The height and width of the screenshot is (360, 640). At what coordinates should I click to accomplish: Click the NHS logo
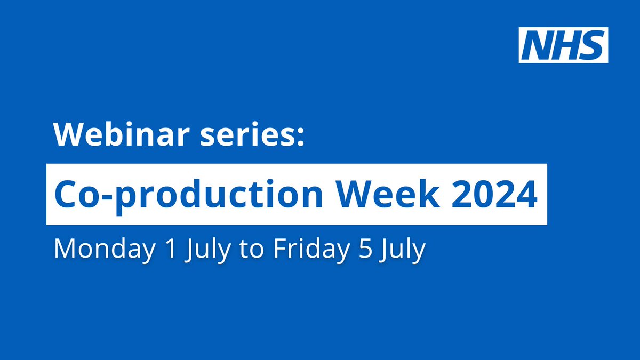[563, 45]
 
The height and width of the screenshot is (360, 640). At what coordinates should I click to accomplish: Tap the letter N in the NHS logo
[538, 45]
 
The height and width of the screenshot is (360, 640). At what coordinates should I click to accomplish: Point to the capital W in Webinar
[66, 136]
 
